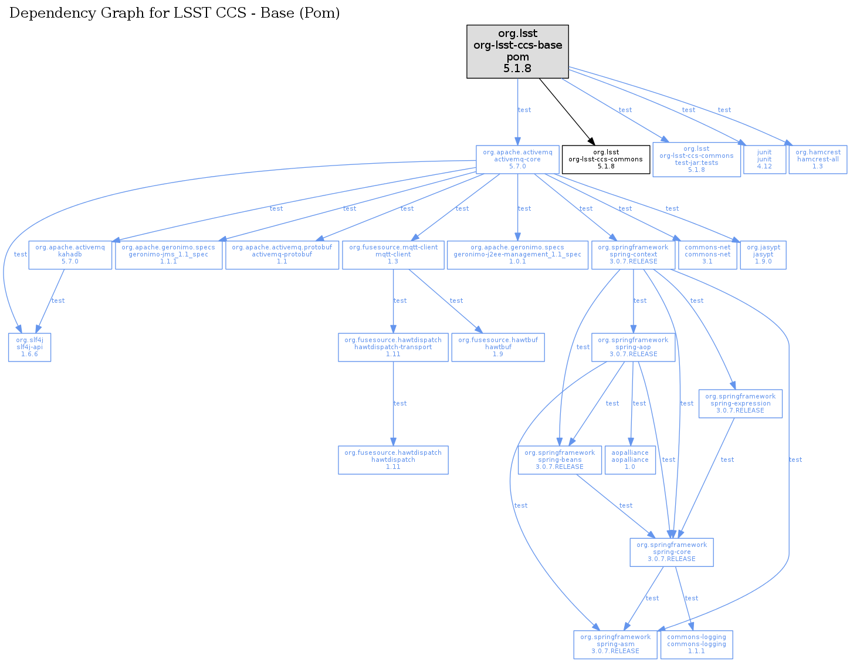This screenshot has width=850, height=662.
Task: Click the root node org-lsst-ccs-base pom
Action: (517, 52)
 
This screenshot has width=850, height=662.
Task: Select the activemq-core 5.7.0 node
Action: (517, 159)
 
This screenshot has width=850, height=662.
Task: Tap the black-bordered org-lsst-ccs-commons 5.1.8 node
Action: (606, 159)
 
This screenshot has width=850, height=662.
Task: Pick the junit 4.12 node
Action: (764, 159)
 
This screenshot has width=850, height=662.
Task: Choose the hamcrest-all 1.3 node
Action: (818, 159)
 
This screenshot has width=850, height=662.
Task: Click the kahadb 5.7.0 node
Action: (70, 255)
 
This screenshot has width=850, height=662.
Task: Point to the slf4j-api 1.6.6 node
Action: (29, 347)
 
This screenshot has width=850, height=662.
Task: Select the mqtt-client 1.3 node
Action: (393, 255)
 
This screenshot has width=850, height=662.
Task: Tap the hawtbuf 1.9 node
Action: (498, 347)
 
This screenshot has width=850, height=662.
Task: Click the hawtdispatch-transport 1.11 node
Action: (393, 347)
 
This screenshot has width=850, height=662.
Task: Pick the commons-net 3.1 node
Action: (707, 255)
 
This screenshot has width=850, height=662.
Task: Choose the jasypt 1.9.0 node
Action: (763, 255)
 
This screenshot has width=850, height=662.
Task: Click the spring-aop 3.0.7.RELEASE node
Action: (633, 347)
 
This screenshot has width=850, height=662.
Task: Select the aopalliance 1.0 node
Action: (630, 460)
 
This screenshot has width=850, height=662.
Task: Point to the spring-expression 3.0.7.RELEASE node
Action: (740, 403)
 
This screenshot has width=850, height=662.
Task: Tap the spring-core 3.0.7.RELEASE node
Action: (672, 552)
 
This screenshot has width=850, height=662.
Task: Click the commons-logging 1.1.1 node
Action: (696, 644)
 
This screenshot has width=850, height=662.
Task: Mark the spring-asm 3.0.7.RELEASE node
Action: (615, 644)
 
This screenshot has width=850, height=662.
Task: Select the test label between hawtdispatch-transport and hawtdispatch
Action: (400, 403)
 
